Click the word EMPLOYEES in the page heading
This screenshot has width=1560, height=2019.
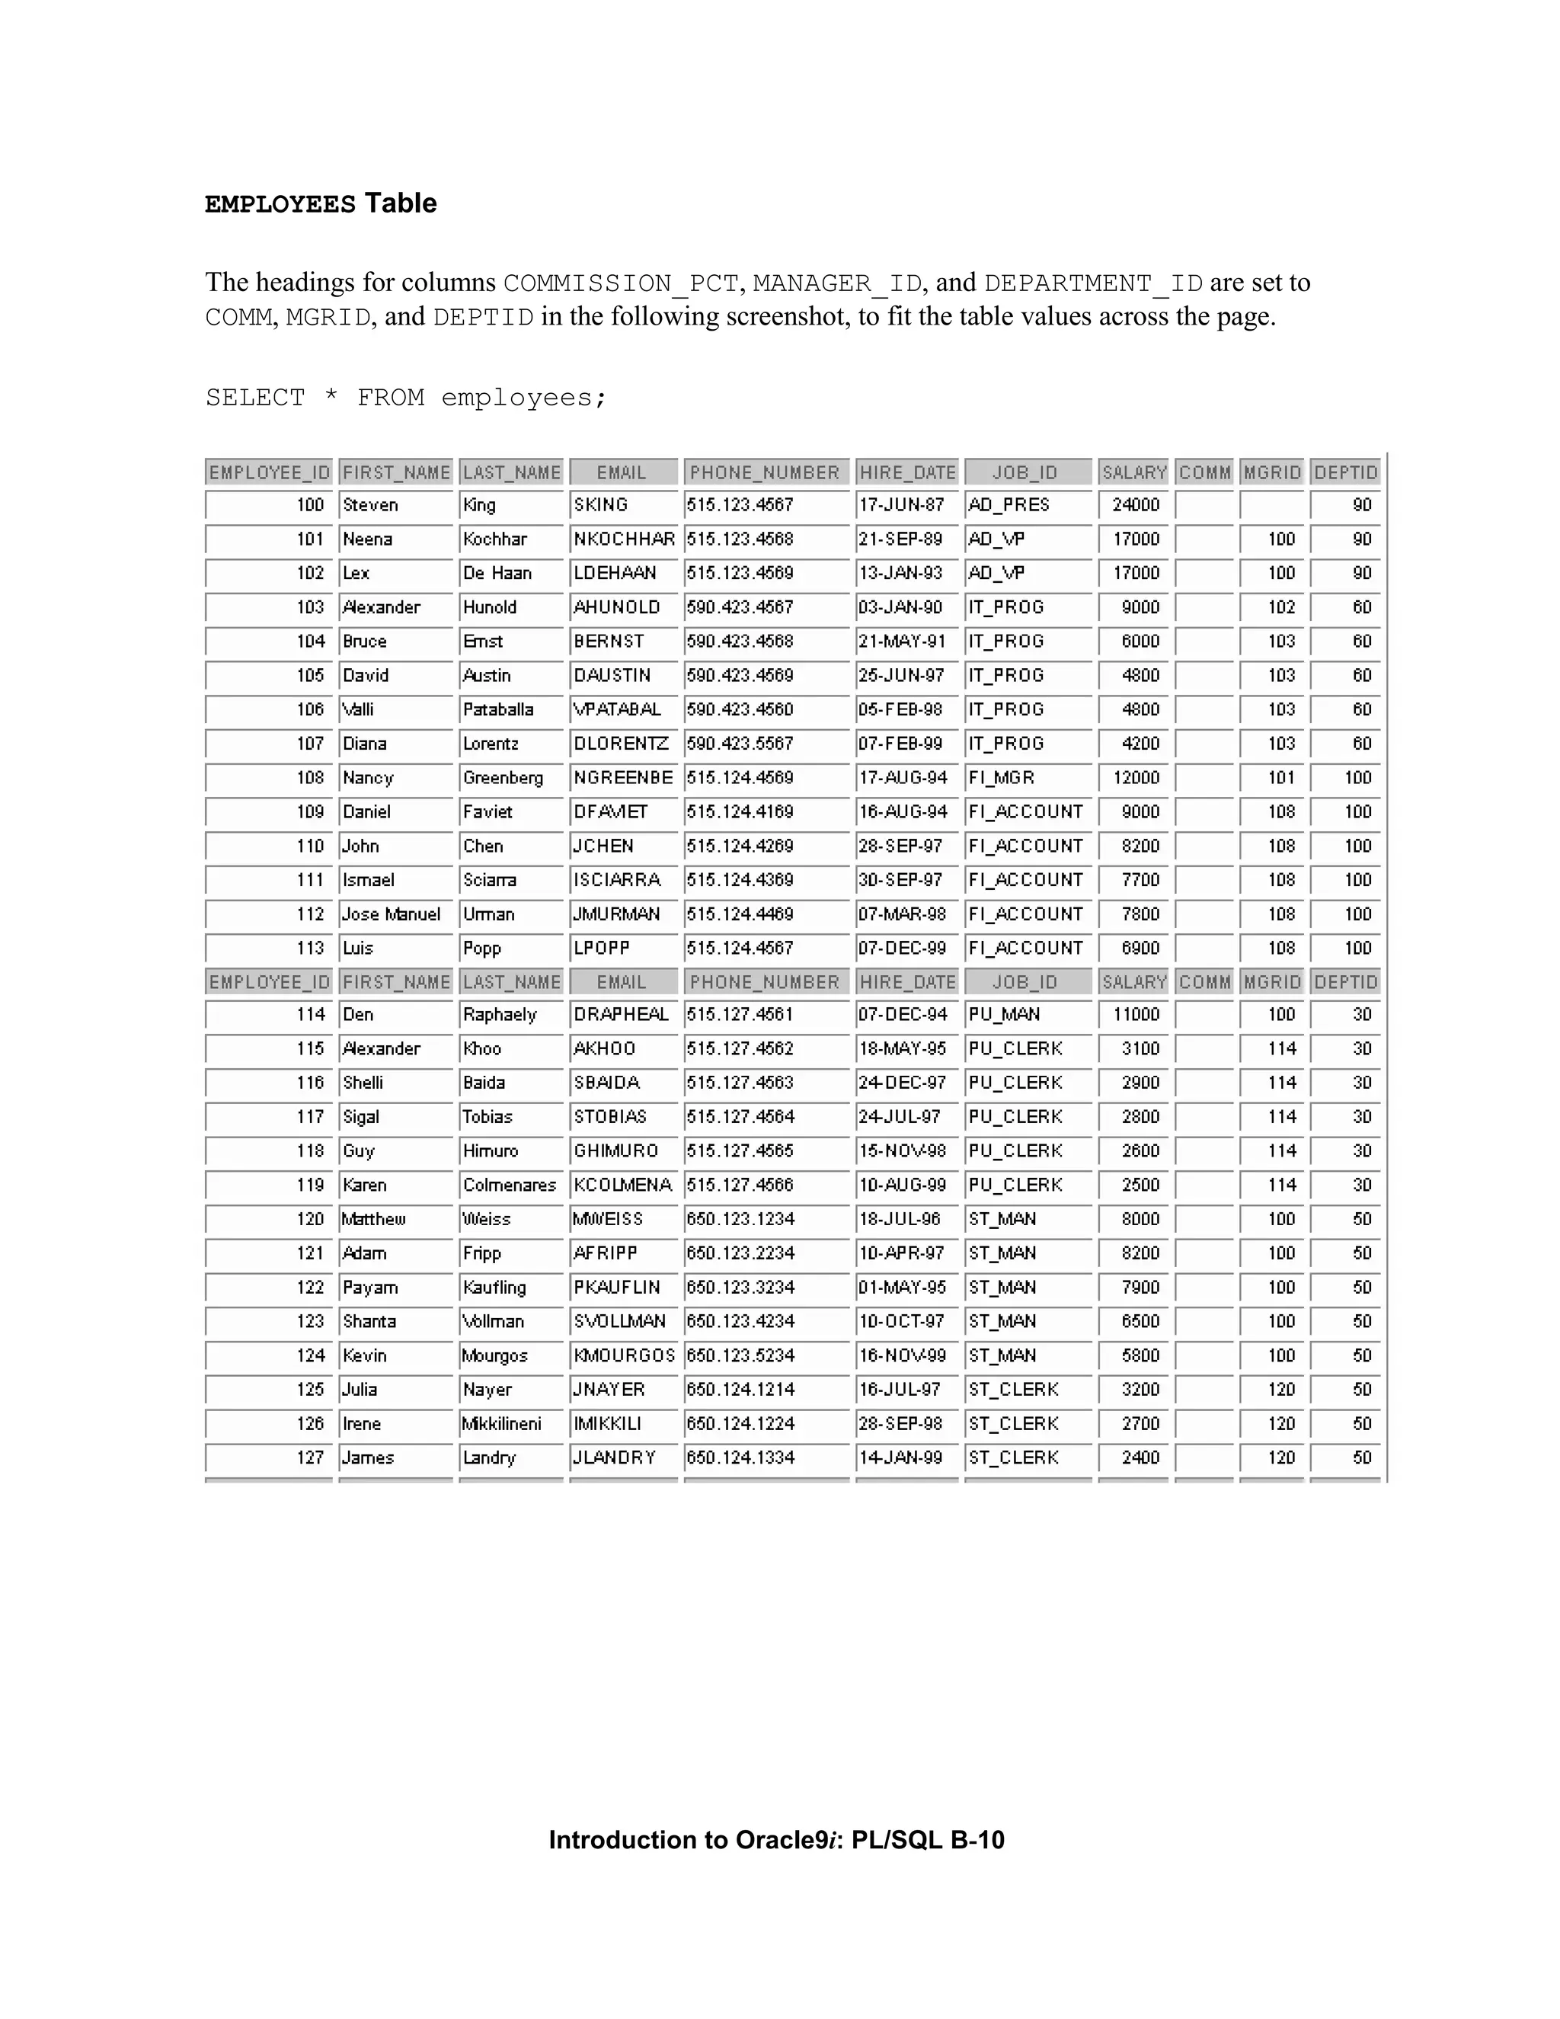(280, 204)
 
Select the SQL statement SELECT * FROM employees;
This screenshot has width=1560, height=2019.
(406, 398)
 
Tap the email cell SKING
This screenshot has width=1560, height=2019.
(601, 504)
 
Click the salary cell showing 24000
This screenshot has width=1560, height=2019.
(1136, 504)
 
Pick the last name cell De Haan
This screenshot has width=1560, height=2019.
(497, 573)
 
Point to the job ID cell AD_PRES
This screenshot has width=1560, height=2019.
(1009, 504)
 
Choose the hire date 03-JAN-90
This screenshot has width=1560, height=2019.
(901, 607)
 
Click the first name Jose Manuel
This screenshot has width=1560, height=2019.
(392, 914)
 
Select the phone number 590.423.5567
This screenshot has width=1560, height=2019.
(740, 744)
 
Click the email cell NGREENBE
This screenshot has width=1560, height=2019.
(623, 777)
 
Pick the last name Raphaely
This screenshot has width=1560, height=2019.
(500, 1014)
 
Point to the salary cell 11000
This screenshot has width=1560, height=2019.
(1136, 1014)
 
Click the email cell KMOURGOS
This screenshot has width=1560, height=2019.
(625, 1355)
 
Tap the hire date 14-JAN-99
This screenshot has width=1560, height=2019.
(901, 1457)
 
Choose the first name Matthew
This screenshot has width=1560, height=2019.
(374, 1219)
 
